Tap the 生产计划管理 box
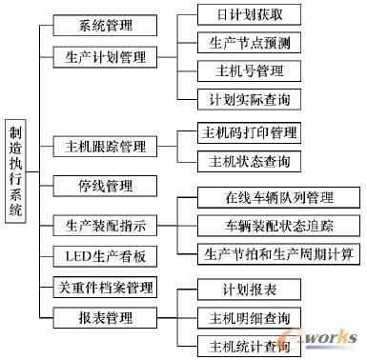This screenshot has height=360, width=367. coord(106,57)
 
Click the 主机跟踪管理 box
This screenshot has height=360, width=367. coord(106,147)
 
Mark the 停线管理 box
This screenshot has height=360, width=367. coord(106,185)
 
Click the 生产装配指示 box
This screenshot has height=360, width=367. coord(106,226)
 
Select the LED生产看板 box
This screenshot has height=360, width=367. coord(106,255)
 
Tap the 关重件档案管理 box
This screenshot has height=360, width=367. coord(106,286)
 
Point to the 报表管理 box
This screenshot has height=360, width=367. coord(106,316)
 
